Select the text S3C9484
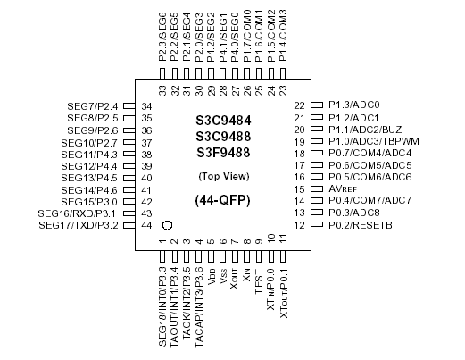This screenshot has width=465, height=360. (x=224, y=119)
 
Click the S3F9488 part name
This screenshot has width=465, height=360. (x=224, y=151)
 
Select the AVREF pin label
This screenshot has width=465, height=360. (x=343, y=188)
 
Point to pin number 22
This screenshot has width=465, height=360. (x=301, y=105)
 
